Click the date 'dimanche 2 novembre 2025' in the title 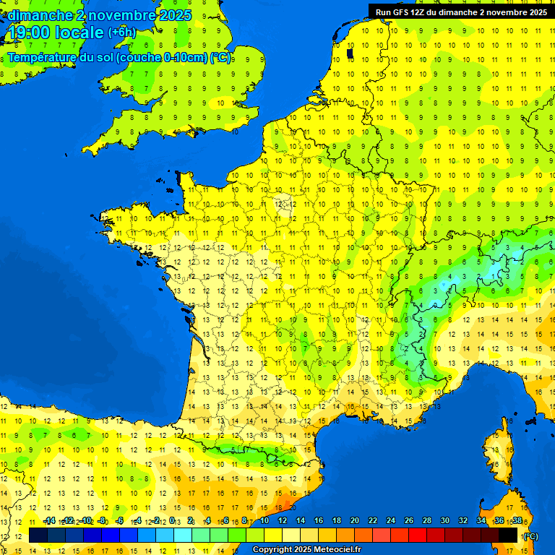tap(99, 15)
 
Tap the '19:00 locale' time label tap(56, 33)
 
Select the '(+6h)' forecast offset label tap(121, 33)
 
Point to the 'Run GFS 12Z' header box tap(460, 12)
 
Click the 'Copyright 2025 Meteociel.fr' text tap(306, 549)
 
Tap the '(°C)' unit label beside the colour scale tap(530, 536)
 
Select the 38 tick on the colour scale tap(517, 520)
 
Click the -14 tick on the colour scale tap(49, 520)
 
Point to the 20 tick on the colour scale tap(354, 520)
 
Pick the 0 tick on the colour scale tap(173, 520)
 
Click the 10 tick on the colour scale tap(264, 520)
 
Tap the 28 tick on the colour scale tap(426, 520)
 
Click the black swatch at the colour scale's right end tap(508, 535)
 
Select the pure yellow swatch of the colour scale tap(273, 535)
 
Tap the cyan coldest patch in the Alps tap(494, 270)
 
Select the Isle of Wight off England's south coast tap(192, 132)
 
